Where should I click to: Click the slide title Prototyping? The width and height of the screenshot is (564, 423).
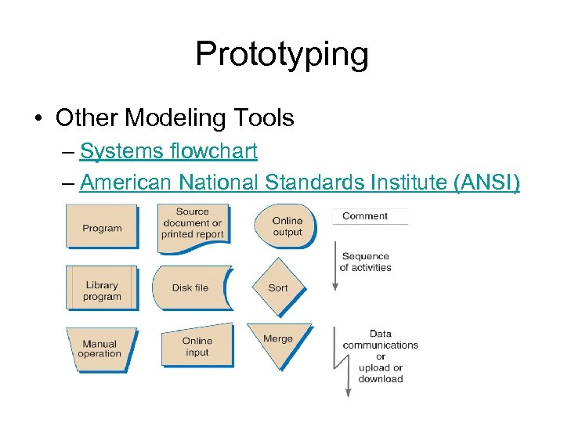pyautogui.click(x=281, y=53)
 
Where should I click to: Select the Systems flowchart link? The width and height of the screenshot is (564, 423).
pyautogui.click(x=168, y=150)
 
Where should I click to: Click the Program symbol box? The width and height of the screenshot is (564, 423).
pyautogui.click(x=102, y=227)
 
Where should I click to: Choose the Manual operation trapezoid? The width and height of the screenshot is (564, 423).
pyautogui.click(x=99, y=348)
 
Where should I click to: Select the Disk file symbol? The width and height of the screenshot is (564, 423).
pyautogui.click(x=190, y=287)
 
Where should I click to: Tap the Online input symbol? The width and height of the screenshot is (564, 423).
pyautogui.click(x=197, y=346)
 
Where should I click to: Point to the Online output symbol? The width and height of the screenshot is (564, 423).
pyautogui.click(x=287, y=226)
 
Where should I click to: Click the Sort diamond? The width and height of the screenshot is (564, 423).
pyautogui.click(x=278, y=287)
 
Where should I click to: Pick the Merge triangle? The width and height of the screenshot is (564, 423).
pyautogui.click(x=278, y=342)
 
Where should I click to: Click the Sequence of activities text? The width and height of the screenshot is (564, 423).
pyautogui.click(x=365, y=262)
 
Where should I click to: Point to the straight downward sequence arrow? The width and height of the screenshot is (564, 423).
pyautogui.click(x=335, y=266)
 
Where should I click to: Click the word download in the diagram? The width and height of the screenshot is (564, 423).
pyautogui.click(x=381, y=379)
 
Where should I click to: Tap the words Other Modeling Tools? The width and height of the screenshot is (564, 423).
pyautogui.click(x=175, y=117)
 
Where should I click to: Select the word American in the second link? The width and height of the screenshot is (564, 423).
pyautogui.click(x=126, y=183)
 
